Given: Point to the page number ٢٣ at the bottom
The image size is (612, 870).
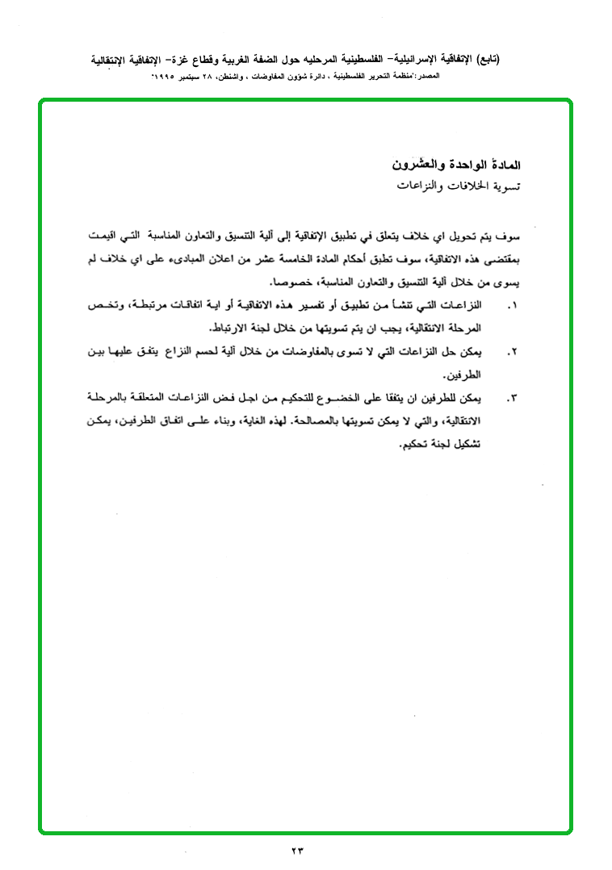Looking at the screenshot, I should [299, 850].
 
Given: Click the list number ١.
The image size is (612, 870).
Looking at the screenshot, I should [510, 307].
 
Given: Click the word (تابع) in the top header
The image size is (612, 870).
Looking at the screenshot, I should [487, 60].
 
